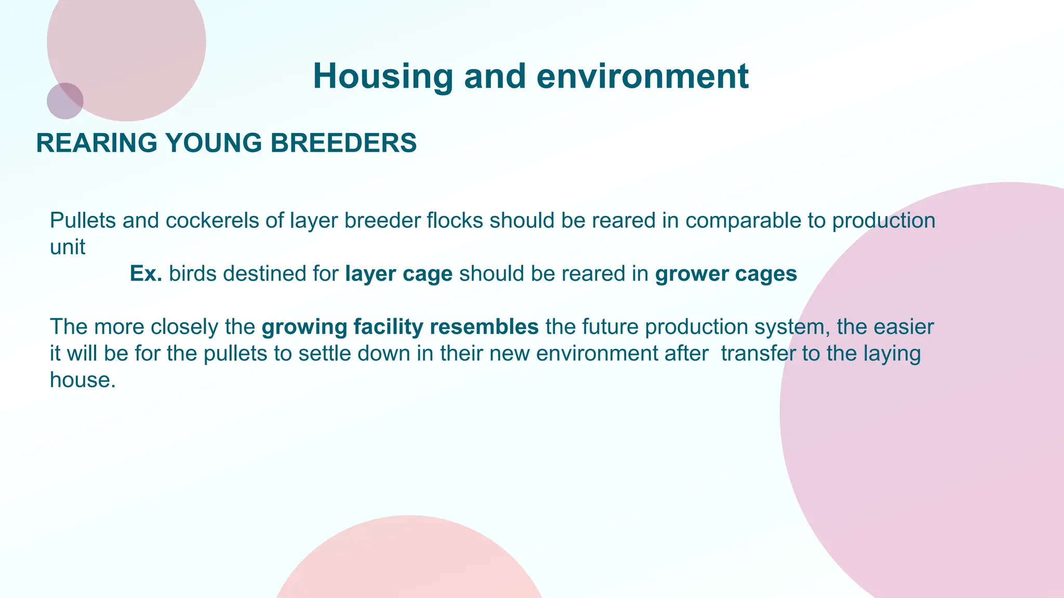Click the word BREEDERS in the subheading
click(343, 143)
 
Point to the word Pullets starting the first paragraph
click(83, 221)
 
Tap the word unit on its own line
click(67, 248)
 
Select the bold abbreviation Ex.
click(146, 274)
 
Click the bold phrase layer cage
click(398, 274)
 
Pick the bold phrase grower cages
click(726, 274)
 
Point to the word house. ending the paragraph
click(82, 380)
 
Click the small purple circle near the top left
click(65, 101)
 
